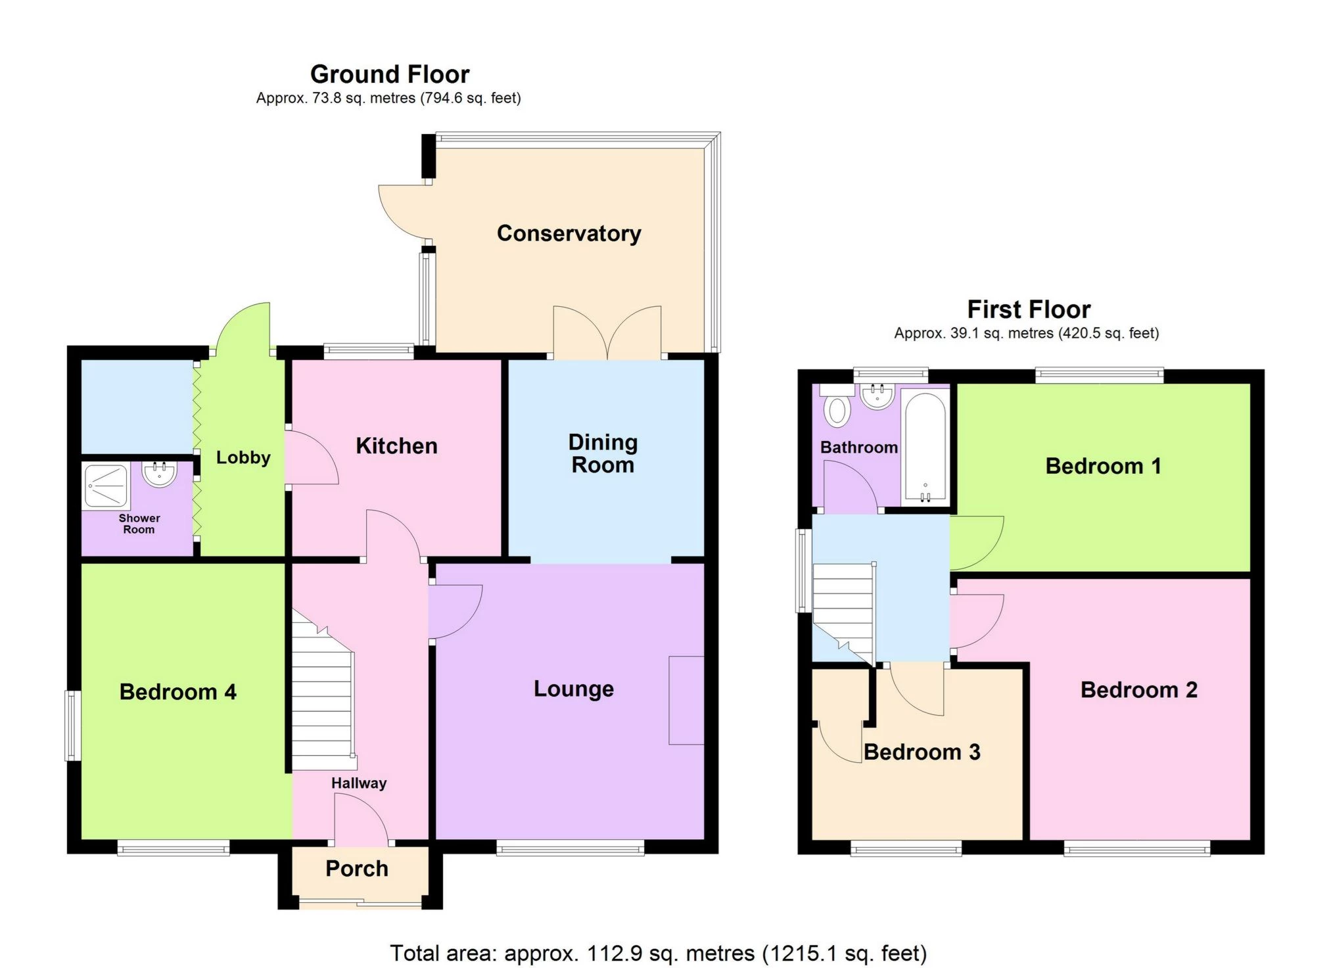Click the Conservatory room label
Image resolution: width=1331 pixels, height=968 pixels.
[x=569, y=234]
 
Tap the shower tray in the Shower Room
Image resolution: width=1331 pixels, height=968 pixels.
[x=106, y=487]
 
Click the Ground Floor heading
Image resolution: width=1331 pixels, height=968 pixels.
[x=390, y=74]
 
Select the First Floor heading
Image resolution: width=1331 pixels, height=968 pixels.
[x=1029, y=310]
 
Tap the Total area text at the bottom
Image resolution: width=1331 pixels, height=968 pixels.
[x=658, y=953]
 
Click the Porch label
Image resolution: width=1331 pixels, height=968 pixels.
[x=357, y=869]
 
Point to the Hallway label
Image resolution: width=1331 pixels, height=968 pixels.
[x=359, y=783]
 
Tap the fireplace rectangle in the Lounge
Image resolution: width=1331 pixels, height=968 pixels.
[x=686, y=700]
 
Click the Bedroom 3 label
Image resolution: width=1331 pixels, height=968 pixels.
[x=922, y=752]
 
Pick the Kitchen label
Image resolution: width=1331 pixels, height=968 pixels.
[x=396, y=446]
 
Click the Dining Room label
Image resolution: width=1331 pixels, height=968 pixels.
[x=603, y=453]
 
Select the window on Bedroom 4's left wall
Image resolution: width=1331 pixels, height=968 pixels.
[x=73, y=726]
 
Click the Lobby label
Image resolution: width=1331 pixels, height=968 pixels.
[x=243, y=458]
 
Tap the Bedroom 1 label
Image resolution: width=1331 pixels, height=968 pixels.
[x=1103, y=467]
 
